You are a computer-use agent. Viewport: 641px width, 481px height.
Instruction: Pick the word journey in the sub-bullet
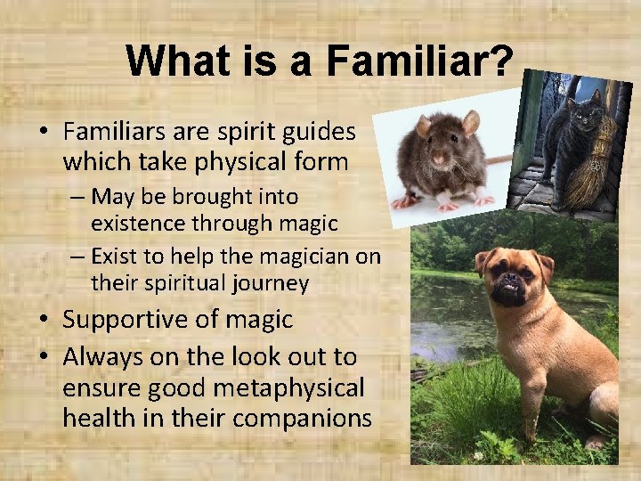266,284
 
